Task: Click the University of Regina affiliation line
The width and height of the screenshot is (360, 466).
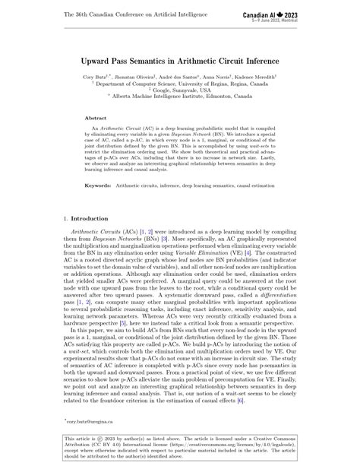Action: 179,87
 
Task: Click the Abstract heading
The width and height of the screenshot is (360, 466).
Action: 96,119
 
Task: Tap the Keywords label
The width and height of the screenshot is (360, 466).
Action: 99,184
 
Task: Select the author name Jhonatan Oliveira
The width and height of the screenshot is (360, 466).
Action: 138,78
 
